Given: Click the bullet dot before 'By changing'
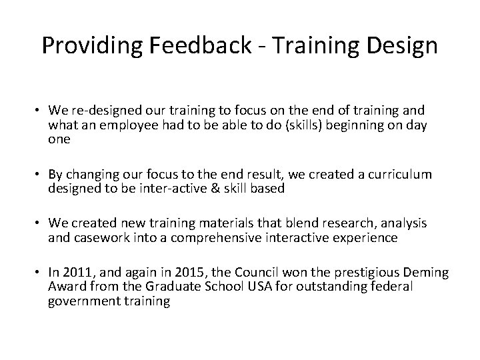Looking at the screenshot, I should [39, 175].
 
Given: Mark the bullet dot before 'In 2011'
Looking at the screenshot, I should [39, 273].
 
